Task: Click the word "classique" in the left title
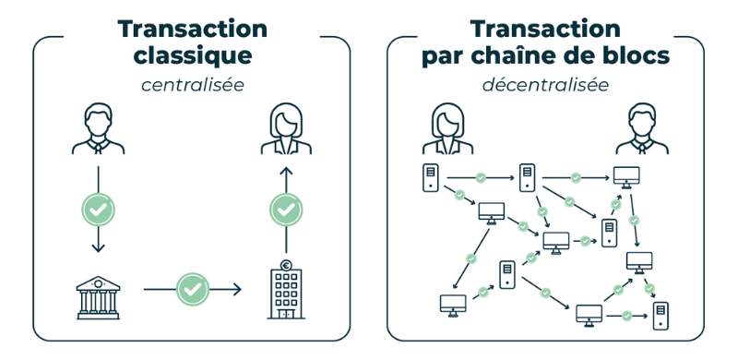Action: point(192,55)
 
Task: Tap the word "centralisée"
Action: point(192,86)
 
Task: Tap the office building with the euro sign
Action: point(286,293)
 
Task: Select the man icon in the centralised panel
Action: point(98,130)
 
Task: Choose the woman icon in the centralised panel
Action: point(286,130)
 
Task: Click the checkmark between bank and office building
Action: point(192,289)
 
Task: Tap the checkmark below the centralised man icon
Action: point(98,210)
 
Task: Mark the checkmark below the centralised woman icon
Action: point(286,210)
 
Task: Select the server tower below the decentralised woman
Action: point(430,177)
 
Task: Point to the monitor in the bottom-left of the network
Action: point(453,303)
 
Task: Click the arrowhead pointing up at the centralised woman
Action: point(286,172)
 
